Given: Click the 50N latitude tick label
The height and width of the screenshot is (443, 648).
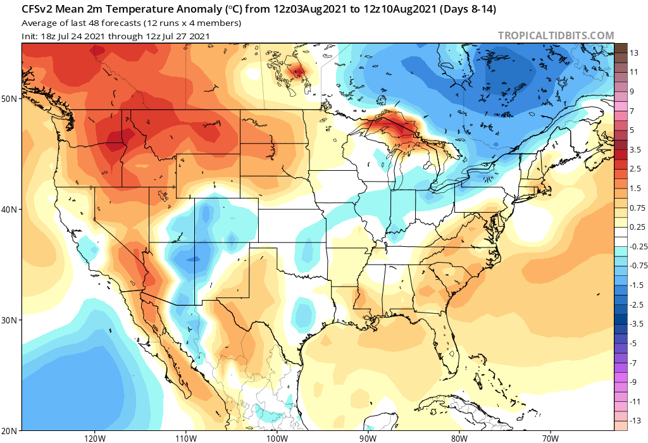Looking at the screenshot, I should click(x=10, y=99).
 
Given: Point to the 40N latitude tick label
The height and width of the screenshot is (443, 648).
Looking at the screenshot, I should click(x=10, y=209).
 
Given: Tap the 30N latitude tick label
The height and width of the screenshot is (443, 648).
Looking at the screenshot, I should click(x=10, y=320).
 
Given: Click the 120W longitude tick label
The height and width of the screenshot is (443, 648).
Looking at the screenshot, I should click(x=94, y=437).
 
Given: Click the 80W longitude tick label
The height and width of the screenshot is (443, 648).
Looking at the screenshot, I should click(x=459, y=437).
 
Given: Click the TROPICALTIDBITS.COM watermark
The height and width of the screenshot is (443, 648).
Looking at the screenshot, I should click(x=556, y=36).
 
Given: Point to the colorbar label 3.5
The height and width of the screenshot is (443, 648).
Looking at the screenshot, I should click(x=635, y=149).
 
